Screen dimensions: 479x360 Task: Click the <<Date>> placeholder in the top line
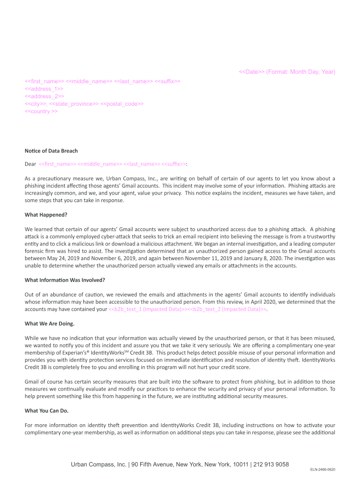(x=252, y=72)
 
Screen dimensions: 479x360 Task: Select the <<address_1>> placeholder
(x=44, y=89)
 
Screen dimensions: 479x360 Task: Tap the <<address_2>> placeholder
(x=44, y=96)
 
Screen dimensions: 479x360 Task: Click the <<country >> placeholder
(x=41, y=111)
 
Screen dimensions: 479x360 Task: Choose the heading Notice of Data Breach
(x=51, y=151)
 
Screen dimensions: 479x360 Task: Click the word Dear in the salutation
(x=30, y=164)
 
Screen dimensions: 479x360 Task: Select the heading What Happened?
(x=46, y=215)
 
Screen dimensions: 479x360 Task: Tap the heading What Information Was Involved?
(x=65, y=280)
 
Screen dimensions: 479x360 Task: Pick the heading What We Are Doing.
(x=49, y=324)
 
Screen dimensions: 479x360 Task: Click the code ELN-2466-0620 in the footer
(x=323, y=470)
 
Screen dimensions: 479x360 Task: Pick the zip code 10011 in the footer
(x=241, y=464)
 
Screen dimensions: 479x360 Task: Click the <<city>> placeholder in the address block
(x=36, y=104)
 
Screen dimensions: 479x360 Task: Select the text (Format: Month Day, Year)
(x=301, y=72)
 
